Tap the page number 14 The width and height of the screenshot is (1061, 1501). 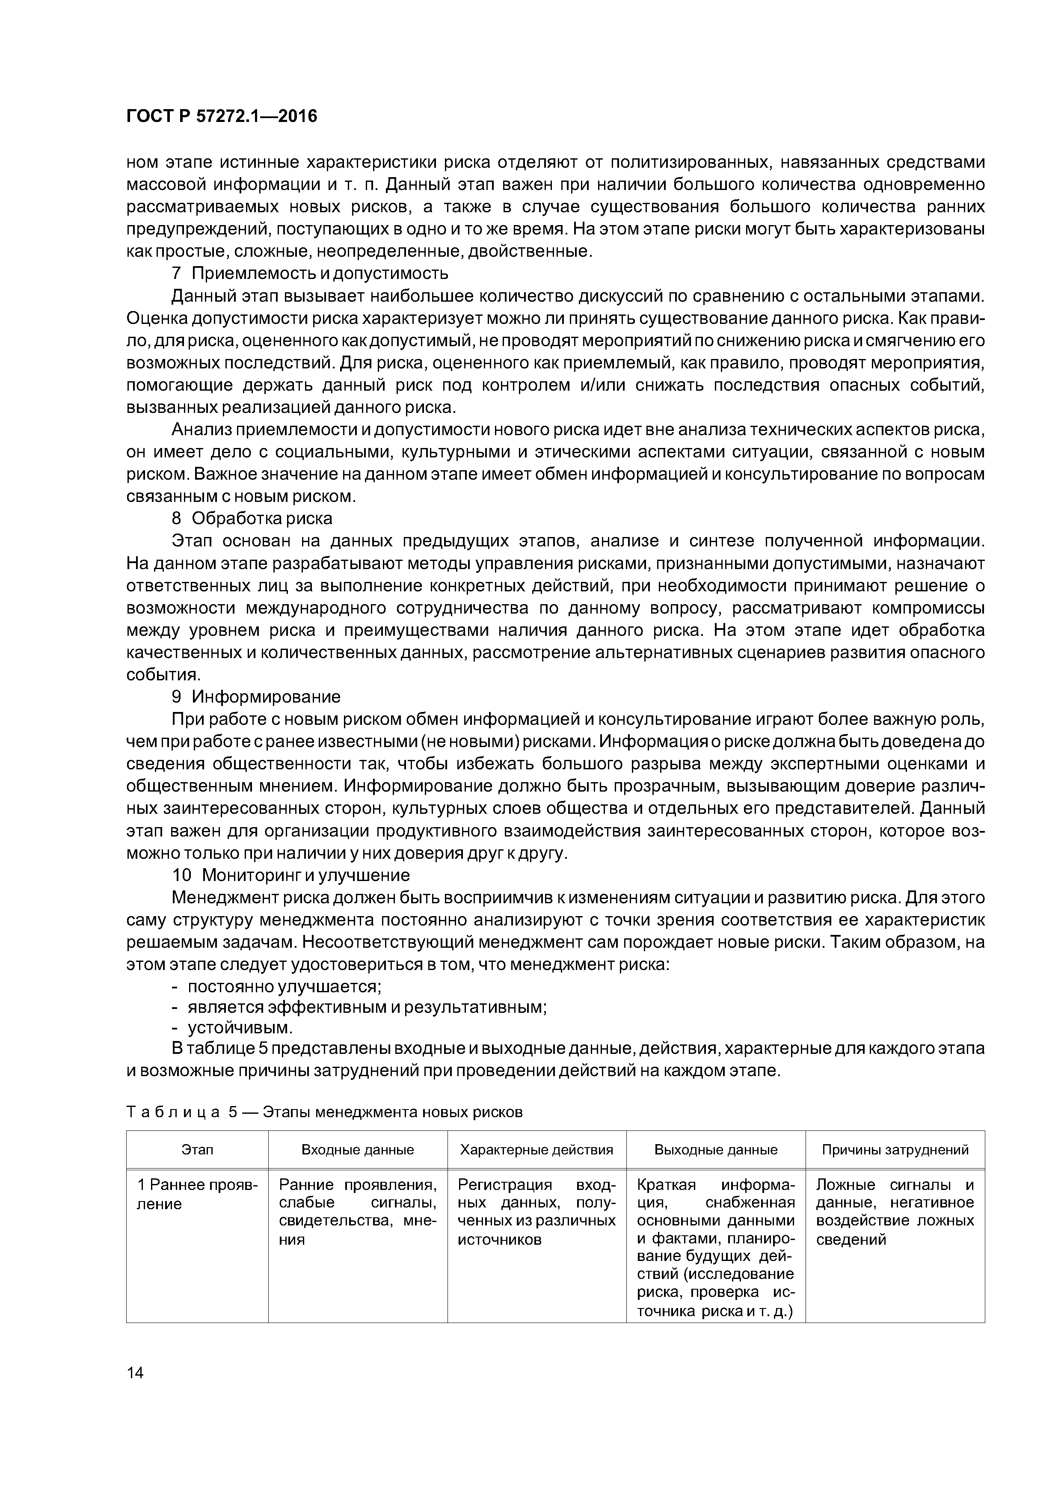pyautogui.click(x=135, y=1372)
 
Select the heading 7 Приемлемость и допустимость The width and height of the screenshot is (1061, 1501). pyautogui.click(x=310, y=273)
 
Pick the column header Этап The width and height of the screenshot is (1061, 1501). pyautogui.click(x=197, y=1150)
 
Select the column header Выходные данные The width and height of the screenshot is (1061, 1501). pyautogui.click(x=715, y=1150)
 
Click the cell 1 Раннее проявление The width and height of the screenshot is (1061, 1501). pyautogui.click(x=197, y=1194)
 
